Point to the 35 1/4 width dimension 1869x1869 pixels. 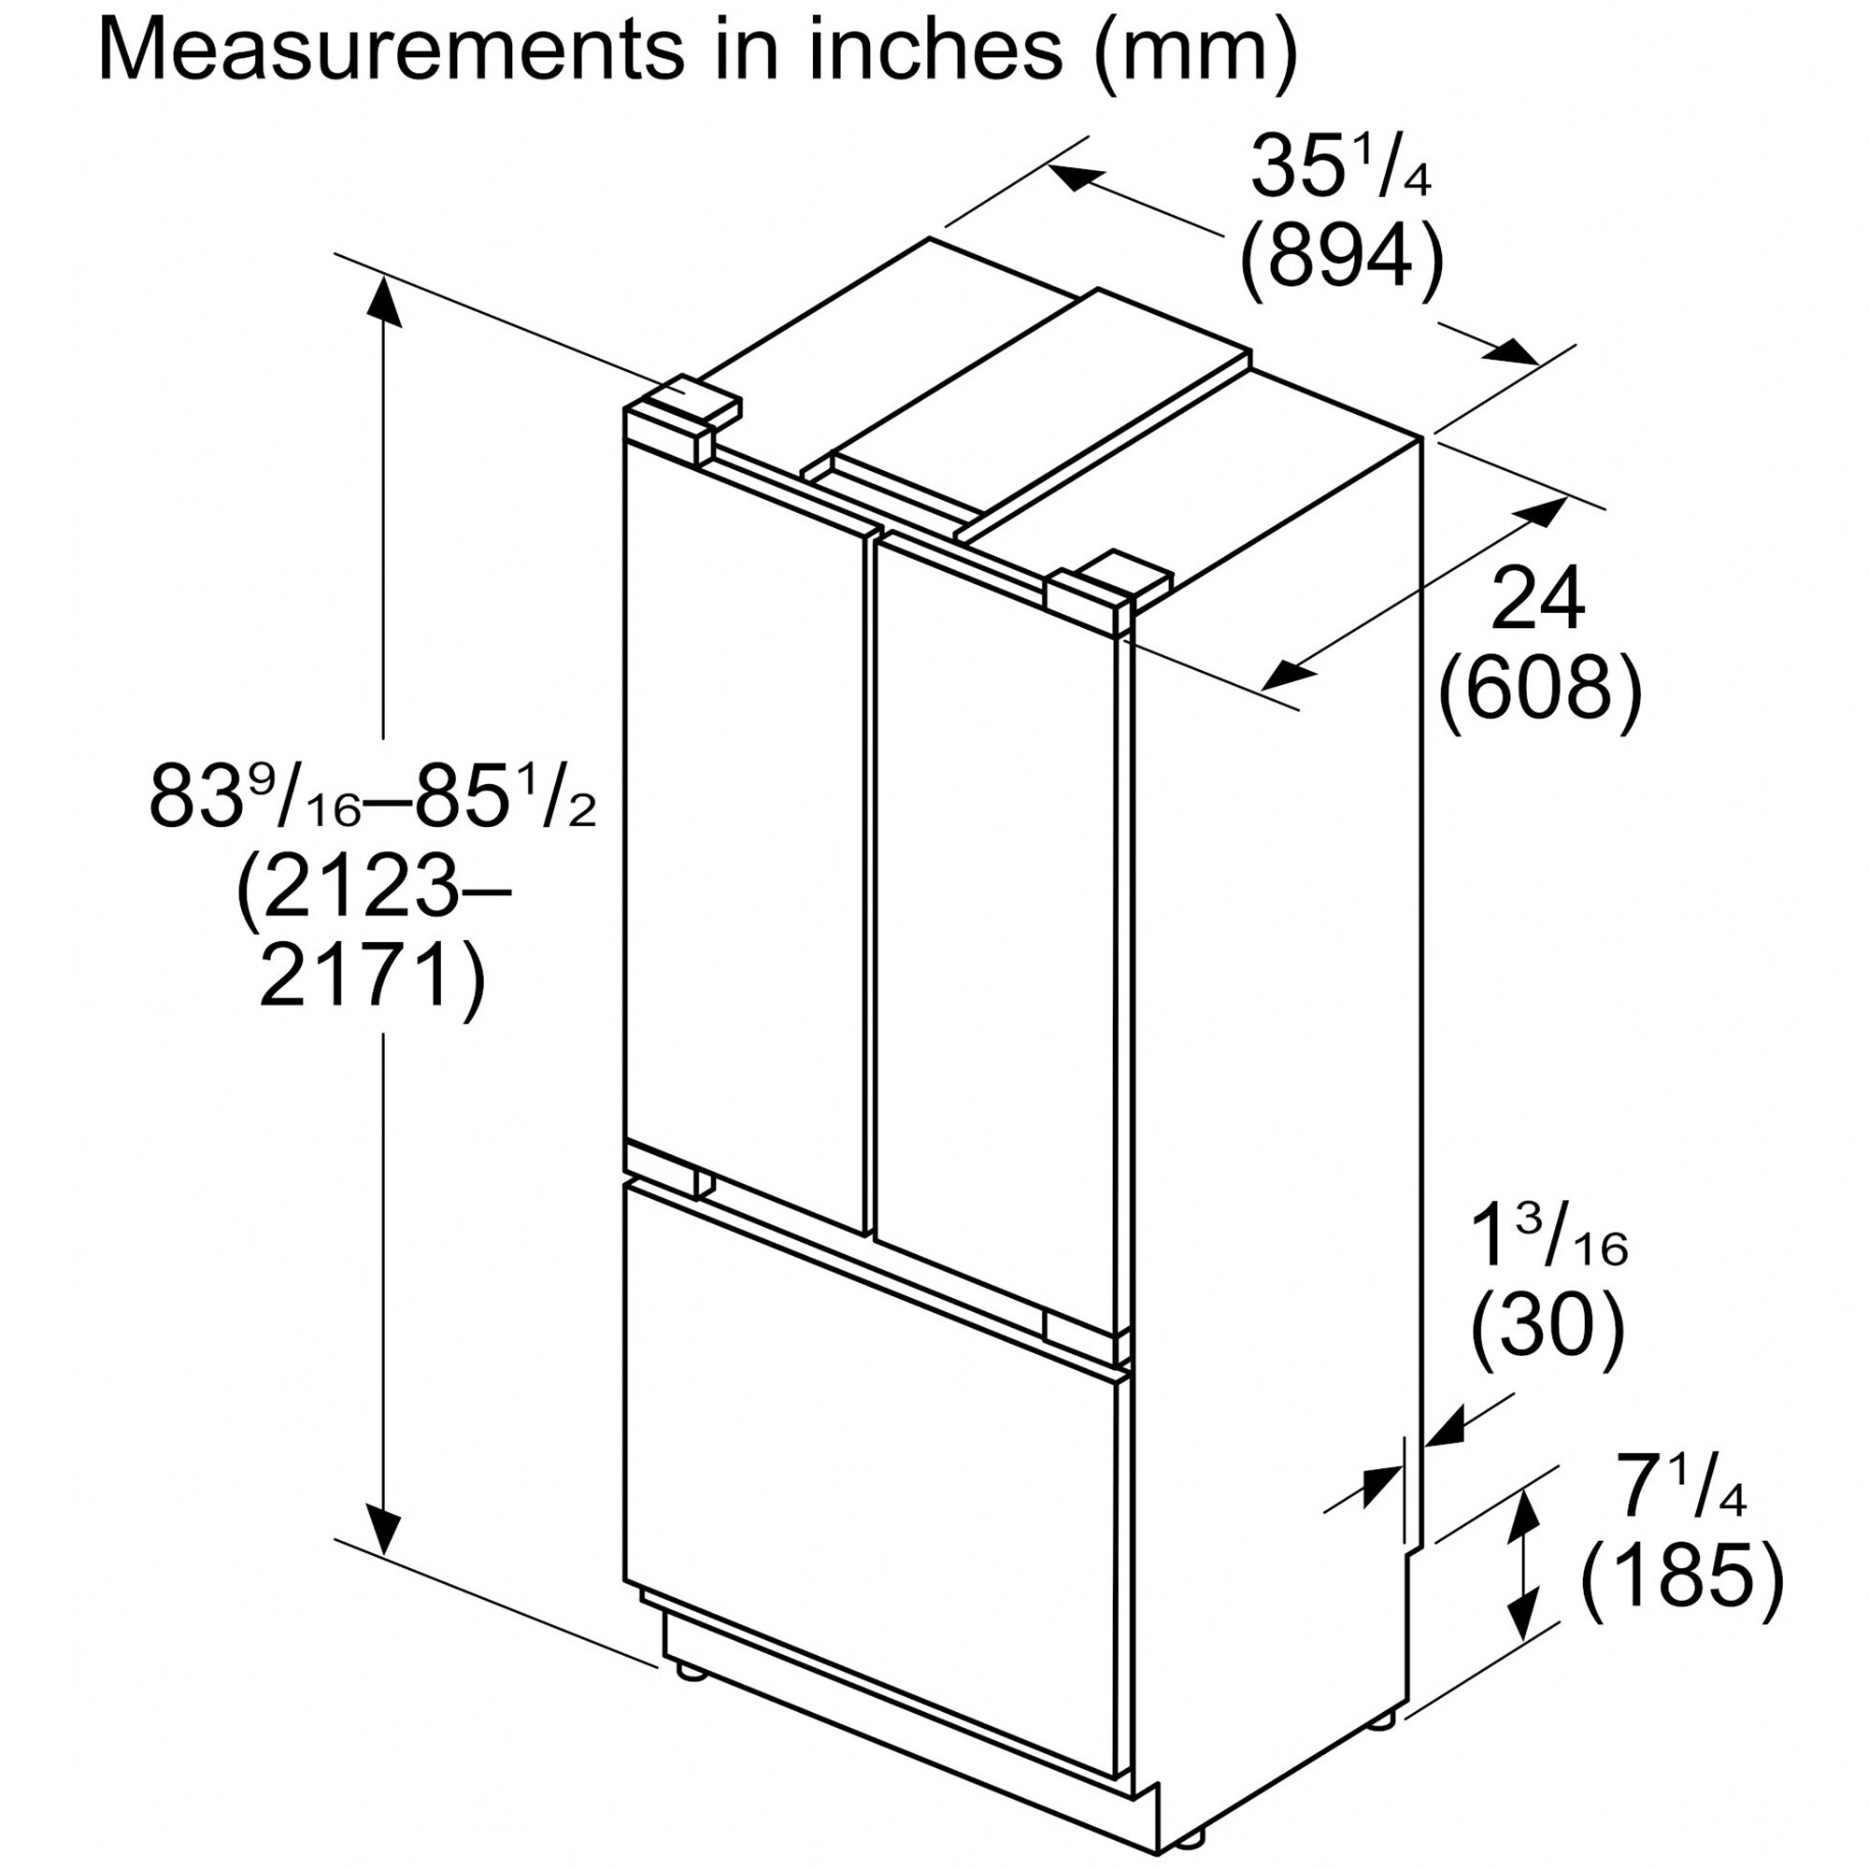tap(1340, 166)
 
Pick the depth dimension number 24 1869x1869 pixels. tap(1538, 601)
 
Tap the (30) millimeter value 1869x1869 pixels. tap(1546, 1330)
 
